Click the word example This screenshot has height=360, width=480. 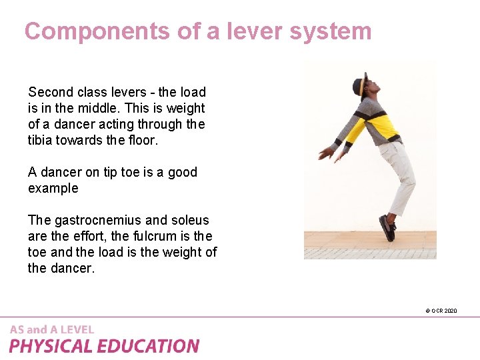pos(53,188)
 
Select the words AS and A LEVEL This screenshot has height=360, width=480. pos(52,329)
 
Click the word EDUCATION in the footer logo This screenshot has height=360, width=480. pos(149,346)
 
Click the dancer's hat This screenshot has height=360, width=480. pos(361,83)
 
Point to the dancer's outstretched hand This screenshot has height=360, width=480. pos(327,153)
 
